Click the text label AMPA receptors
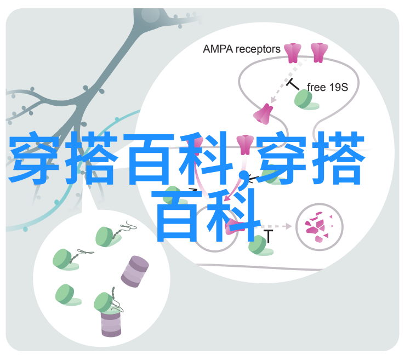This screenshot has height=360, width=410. coord(241,49)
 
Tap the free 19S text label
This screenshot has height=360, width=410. coord(327,87)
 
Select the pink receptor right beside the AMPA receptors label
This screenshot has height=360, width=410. coord(293,53)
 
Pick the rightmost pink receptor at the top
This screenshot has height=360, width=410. coord(319,53)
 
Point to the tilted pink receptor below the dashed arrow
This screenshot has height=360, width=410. coord(263,114)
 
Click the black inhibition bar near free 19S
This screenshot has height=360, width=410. coord(293,84)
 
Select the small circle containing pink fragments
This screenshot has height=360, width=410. coord(319,227)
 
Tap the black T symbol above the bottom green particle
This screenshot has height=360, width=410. coord(268,236)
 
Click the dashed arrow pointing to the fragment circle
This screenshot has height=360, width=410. coord(277,226)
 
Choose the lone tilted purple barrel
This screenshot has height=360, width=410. coord(135,271)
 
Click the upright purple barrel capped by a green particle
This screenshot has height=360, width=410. coord(111,323)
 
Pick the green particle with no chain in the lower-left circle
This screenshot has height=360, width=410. coord(68,295)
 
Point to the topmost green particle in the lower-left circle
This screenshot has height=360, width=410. coord(108,237)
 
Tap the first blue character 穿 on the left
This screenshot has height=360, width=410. coord(35,158)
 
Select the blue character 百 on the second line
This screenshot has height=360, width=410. coord(177,216)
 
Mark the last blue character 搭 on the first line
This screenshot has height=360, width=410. coord(338,158)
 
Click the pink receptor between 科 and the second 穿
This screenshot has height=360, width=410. coord(245,145)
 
